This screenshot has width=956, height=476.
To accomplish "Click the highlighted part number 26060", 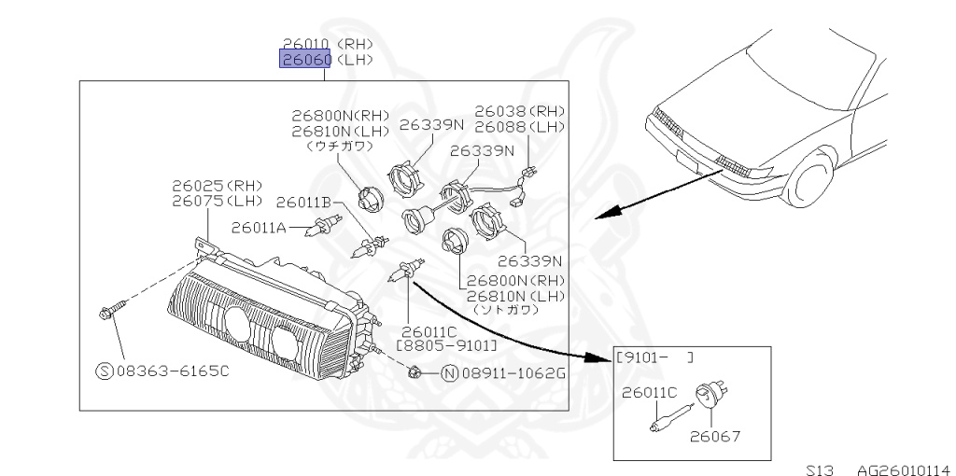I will (306, 60).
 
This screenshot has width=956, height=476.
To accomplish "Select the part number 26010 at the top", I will (306, 43).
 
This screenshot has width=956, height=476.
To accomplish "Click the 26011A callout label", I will (258, 227).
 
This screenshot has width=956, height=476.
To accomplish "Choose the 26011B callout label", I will (303, 202).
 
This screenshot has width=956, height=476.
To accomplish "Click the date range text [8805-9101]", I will (446, 345).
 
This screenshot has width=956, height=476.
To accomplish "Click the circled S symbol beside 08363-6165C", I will (105, 371).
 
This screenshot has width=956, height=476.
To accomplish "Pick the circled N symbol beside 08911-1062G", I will (448, 374).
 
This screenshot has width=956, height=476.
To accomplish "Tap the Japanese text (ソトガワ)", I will (505, 308).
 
